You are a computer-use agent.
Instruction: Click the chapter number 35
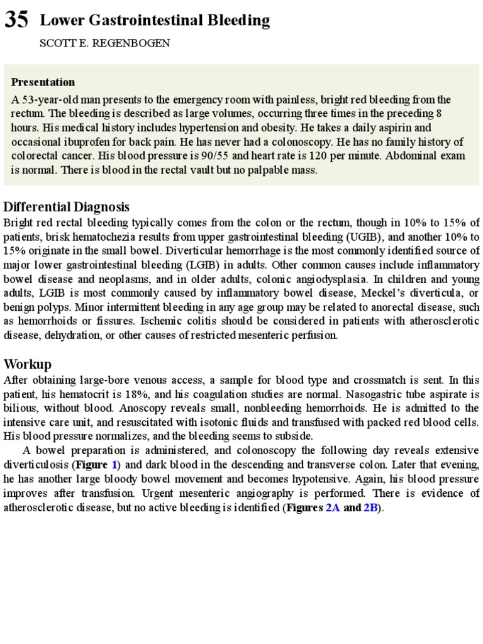pyautogui.click(x=16, y=21)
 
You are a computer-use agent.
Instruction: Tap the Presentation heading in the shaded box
pyautogui.click(x=43, y=82)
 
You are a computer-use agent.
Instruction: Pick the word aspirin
pyautogui.click(x=378, y=128)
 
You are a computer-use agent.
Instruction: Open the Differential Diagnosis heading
pyautogui.click(x=67, y=207)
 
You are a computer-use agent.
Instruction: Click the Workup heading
pyautogui.click(x=28, y=364)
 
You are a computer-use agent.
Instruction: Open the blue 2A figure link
pyautogui.click(x=332, y=508)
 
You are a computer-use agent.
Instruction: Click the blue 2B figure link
pyautogui.click(x=370, y=508)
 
